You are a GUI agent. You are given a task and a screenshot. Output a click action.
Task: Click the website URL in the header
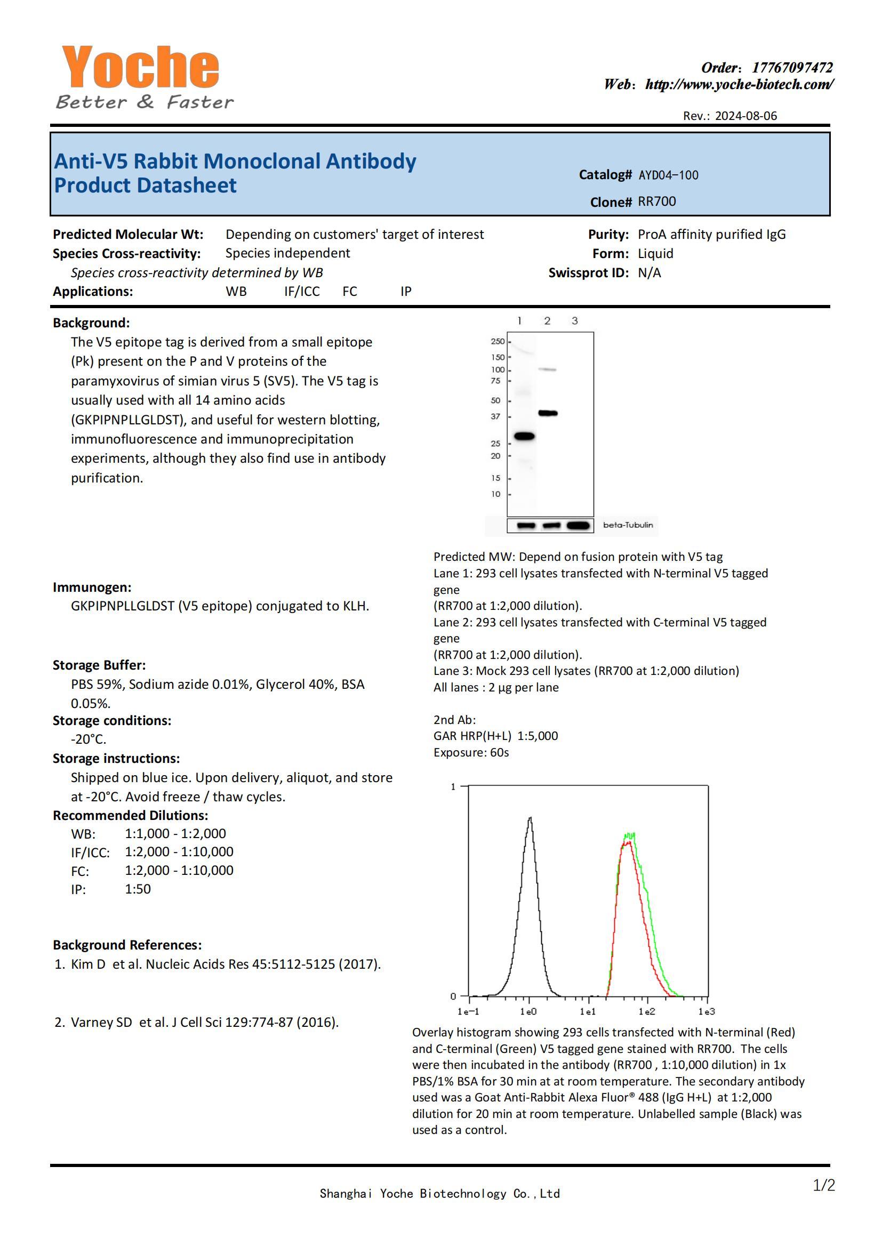[739, 84]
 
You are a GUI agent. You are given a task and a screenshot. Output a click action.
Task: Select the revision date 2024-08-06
[745, 116]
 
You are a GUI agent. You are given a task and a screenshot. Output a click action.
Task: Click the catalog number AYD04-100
[668, 175]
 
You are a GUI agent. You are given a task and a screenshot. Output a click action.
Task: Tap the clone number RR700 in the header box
[656, 202]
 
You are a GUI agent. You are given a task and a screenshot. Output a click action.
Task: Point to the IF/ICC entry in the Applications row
[302, 292]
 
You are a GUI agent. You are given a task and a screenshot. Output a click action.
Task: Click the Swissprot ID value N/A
[649, 272]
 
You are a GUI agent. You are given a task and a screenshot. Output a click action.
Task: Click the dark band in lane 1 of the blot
[524, 436]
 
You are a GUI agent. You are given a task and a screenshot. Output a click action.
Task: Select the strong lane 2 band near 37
[548, 413]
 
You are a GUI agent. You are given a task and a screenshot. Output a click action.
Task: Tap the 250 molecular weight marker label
[498, 342]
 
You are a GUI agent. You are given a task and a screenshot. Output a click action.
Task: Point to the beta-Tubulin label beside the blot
[628, 525]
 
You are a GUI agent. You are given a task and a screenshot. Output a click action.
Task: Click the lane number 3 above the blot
[575, 321]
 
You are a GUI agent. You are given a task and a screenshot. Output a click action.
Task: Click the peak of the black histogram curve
[530, 818]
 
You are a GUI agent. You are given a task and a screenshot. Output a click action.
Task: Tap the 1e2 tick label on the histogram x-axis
[647, 1012]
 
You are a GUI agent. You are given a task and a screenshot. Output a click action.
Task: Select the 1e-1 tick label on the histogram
[468, 1012]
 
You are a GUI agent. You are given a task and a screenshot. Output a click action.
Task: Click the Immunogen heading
[92, 587]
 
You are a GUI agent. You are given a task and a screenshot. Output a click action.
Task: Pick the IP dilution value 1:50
[138, 889]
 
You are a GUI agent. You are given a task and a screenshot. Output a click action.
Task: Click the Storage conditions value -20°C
[89, 739]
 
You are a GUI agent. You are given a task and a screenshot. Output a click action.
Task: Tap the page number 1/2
[823, 1185]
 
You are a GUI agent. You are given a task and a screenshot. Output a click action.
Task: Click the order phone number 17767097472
[792, 68]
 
